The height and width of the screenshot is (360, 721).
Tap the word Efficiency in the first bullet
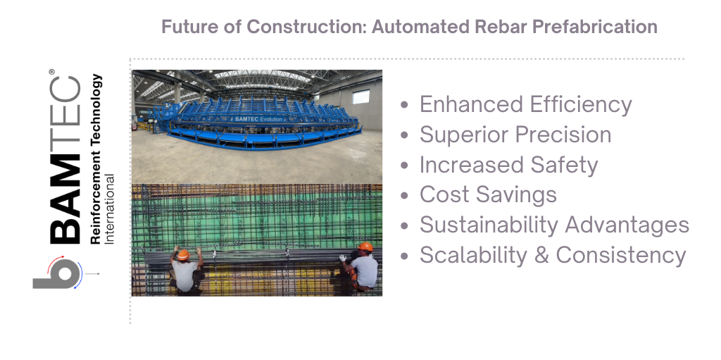579,104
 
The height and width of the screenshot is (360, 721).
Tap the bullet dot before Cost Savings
405,196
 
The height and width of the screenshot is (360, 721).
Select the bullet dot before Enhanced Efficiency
405,105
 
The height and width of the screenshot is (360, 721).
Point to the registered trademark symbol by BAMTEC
51,71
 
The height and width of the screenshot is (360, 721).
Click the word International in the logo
110,209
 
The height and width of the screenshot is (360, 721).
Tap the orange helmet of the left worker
183,254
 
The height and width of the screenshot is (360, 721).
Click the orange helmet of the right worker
366,247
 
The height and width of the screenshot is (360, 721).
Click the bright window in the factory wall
361,97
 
